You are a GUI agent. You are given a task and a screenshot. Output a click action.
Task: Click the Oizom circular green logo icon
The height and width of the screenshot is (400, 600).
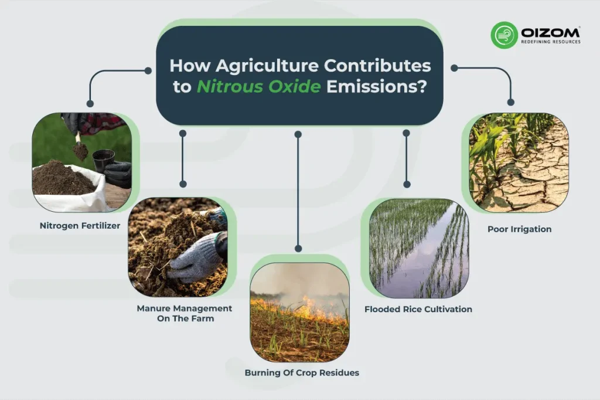coord(504,35)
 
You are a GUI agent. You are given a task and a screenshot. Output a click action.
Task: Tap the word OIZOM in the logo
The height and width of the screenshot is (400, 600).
coord(550,31)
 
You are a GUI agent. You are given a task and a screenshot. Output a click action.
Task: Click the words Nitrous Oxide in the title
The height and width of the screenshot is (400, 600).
coord(258,87)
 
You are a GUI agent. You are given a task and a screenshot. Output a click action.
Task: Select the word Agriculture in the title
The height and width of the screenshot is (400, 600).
coord(287,64)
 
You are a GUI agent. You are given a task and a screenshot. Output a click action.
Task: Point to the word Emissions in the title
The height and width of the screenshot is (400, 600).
coord(376,87)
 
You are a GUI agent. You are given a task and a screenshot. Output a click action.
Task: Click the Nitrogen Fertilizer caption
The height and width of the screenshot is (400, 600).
coord(80,225)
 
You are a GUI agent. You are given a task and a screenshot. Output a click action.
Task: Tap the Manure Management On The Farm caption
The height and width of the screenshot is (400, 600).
coord(185,313)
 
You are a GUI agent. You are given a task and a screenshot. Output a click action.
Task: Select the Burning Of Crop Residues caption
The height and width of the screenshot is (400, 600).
coord(302,372)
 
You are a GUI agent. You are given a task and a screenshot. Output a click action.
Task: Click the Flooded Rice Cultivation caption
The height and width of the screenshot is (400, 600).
coord(418,309)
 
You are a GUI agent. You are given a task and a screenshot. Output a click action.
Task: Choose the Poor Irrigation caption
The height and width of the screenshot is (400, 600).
coord(520,229)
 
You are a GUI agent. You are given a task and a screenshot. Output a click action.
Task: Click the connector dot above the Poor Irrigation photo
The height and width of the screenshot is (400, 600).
coord(511,103)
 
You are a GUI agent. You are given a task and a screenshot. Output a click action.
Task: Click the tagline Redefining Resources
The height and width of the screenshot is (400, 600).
coord(550,42)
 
